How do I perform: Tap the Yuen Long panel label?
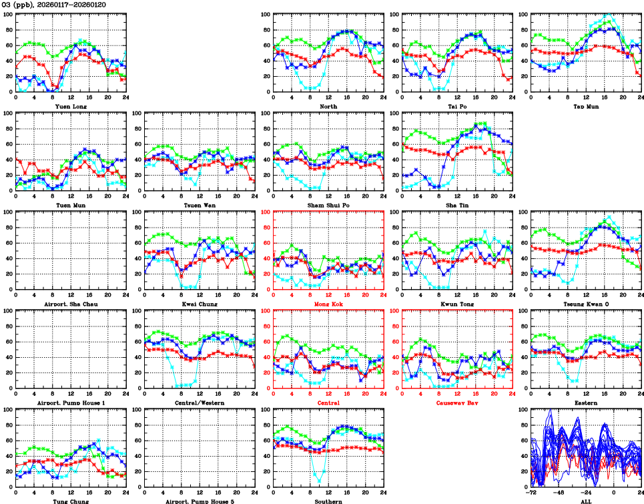pyautogui.click(x=71, y=105)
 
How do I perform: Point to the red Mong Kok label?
pyautogui.click(x=328, y=304)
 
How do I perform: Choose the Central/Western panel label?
pyautogui.click(x=199, y=403)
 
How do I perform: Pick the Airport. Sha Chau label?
pyautogui.click(x=71, y=304)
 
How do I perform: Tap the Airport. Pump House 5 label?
pyautogui.click(x=199, y=501)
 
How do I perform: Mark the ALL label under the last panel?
pyautogui.click(x=585, y=501)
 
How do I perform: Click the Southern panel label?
pyautogui.click(x=328, y=501)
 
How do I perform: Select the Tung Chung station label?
pyautogui.click(x=71, y=501)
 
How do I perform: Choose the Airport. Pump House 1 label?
pyautogui.click(x=71, y=403)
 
